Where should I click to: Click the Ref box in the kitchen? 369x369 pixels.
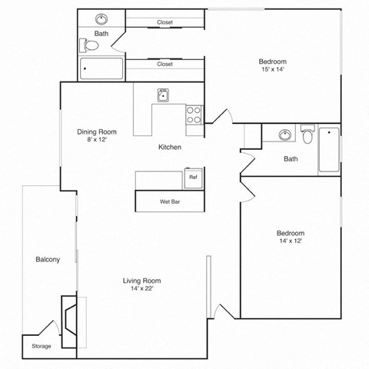pos(193,178)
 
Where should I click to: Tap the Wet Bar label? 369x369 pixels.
pos(170,201)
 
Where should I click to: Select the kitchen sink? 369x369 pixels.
pos(164,95)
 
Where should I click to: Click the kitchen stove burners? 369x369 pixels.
pos(193,115)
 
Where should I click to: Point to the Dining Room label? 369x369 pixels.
pos(95,131)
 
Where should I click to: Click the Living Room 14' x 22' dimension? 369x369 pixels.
pos(141,290)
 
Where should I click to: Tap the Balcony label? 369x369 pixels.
pos(48,260)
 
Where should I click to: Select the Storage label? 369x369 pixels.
pos(42,346)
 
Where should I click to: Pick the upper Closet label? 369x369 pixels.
pos(165,22)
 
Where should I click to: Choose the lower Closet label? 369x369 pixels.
pos(165,65)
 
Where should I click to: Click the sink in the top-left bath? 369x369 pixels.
pos(101,19)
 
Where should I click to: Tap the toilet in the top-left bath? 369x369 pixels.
pos(91,46)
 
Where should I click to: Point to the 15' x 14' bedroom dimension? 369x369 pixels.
pos(273,71)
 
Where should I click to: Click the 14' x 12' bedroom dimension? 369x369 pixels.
pos(291,241)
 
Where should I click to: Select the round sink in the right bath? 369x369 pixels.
pos(285,135)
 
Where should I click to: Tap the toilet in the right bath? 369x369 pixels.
pos(307,135)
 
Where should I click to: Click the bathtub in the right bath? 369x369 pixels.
pos(330,149)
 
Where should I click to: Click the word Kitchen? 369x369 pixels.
pos(170,147)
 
